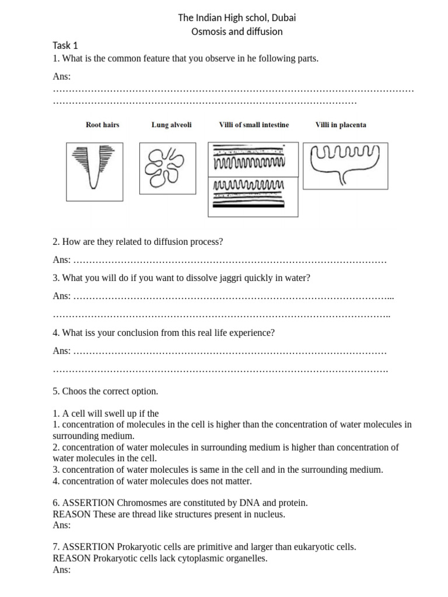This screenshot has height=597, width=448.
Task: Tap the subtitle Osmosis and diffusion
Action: click(x=237, y=31)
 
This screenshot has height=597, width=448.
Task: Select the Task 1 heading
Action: click(x=65, y=45)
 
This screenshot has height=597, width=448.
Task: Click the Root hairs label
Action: click(x=103, y=125)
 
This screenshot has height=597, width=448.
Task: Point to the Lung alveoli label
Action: click(x=171, y=125)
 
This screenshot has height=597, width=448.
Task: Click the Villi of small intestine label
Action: click(x=254, y=125)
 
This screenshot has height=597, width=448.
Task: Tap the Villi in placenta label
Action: click(x=341, y=125)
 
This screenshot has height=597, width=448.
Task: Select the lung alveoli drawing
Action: click(x=164, y=168)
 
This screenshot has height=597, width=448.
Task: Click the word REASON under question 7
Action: click(x=71, y=559)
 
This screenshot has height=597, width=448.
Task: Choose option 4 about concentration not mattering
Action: click(x=152, y=481)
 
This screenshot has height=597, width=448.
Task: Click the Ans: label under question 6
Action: click(x=61, y=525)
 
